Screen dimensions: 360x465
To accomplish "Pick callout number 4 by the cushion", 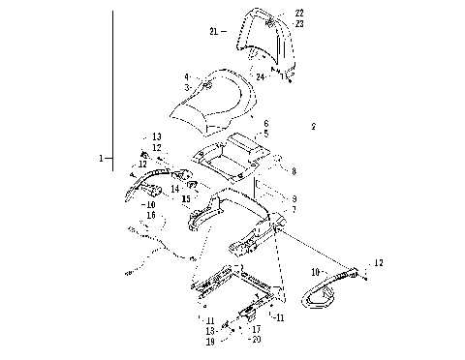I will (187, 76).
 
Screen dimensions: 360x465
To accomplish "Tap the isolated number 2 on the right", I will (313, 127).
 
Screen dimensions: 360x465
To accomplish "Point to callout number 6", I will (265, 125).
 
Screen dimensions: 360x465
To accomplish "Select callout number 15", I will (184, 197).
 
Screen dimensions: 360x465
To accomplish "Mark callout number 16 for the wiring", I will (150, 215).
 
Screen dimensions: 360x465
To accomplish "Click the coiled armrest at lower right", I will (334, 290).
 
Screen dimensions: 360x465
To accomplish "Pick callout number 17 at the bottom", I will (256, 329).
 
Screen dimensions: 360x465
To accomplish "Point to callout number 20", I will (256, 341).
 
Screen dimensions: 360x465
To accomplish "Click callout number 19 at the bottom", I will (208, 342).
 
